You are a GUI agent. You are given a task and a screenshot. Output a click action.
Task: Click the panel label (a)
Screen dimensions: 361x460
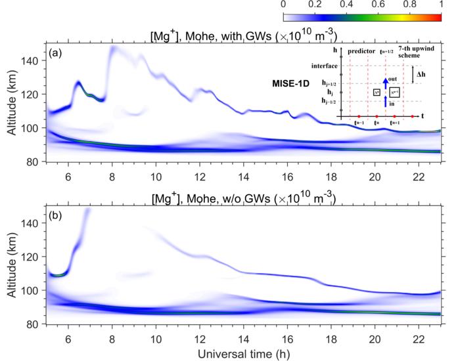pos(57,52)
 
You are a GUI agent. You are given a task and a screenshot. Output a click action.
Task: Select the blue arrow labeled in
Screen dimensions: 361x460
pos(386,100)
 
